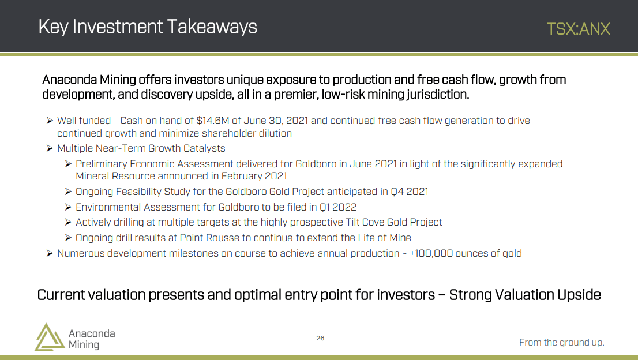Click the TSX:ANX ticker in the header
[x=578, y=29]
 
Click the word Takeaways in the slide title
[x=212, y=27]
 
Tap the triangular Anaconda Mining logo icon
[x=49, y=337]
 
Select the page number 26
[x=320, y=338]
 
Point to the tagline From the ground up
[x=561, y=343]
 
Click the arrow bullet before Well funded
[x=50, y=121]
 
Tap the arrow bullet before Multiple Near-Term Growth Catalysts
[x=50, y=148]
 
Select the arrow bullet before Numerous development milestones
[x=50, y=253]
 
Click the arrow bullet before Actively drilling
[x=68, y=222]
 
